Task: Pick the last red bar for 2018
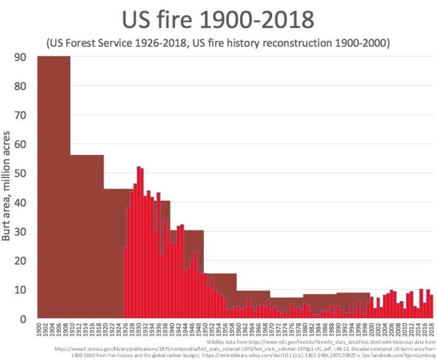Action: coord(431,307)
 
